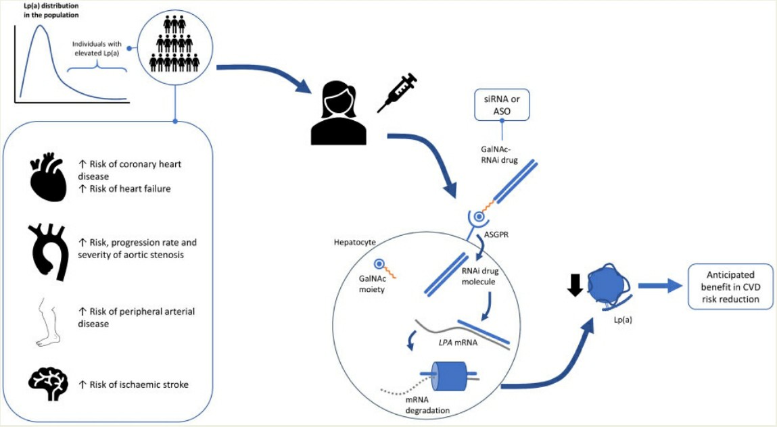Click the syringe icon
397,93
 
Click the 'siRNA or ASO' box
501,106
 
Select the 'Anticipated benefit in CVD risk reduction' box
730,286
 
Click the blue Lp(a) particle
609,286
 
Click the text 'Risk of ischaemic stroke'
139,384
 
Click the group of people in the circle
175,43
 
